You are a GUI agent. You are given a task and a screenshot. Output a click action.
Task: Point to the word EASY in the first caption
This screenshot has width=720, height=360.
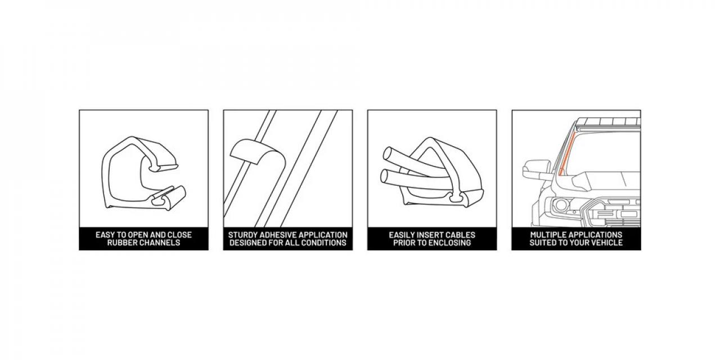coord(105,235)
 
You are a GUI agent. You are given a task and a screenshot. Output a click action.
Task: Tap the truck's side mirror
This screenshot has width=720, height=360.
coord(537,169)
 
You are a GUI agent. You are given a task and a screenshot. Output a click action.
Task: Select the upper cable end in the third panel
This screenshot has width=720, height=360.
coord(388,153)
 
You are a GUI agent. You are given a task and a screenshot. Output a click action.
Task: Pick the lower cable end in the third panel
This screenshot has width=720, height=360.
coord(385,176)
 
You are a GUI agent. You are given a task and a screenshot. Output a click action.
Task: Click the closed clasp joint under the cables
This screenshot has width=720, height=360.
coord(457,197)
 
